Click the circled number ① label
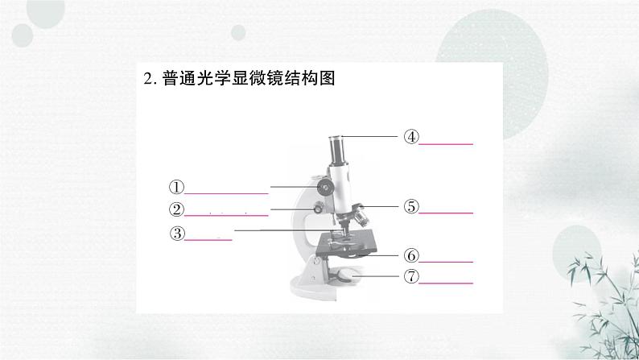coord(177,187)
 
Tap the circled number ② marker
coord(177,210)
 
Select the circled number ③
coord(177,234)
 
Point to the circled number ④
coord(411,137)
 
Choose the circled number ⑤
coord(411,206)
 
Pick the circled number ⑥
coord(411,256)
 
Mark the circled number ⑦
coord(411,276)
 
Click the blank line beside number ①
coord(227,193)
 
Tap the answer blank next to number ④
coord(446,143)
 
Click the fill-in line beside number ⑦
coord(446,283)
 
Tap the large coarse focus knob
coord(325,188)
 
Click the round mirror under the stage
coord(347,275)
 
